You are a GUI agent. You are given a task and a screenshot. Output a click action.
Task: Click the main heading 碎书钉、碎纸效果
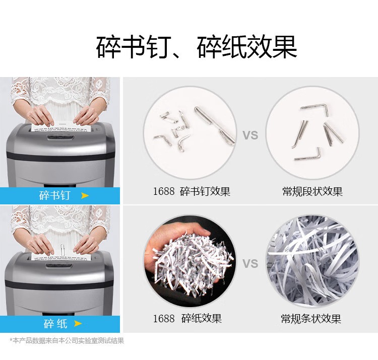pos(197,47)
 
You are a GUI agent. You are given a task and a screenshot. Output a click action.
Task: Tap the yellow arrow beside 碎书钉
pos(85,195)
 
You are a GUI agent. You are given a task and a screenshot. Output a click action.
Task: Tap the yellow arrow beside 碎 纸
pos(78,323)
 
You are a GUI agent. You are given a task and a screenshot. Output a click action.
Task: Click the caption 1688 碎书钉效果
pos(192,191)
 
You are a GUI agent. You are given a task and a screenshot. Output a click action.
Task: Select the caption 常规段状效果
pos(312,191)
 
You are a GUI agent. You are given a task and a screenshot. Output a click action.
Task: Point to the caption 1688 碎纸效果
pos(187,318)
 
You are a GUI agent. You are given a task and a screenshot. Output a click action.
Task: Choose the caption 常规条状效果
pos(311,319)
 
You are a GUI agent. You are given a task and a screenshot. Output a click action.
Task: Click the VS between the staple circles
pos(250,135)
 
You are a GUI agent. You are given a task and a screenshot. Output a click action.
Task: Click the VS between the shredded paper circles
pos(250,264)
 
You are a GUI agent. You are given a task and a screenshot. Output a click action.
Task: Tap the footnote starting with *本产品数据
pos(67,340)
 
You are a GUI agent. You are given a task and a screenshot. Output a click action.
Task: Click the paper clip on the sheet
pos(62,251)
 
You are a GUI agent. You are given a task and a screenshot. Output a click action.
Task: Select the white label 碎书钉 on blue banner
pos(55,195)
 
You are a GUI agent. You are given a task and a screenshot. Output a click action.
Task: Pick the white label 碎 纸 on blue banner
pos(55,323)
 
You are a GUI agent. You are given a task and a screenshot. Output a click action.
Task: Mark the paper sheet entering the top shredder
pos(61,127)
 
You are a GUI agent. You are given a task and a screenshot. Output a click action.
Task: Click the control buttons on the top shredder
pos(60,137)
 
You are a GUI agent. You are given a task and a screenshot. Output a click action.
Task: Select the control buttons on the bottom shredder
pos(59,265)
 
